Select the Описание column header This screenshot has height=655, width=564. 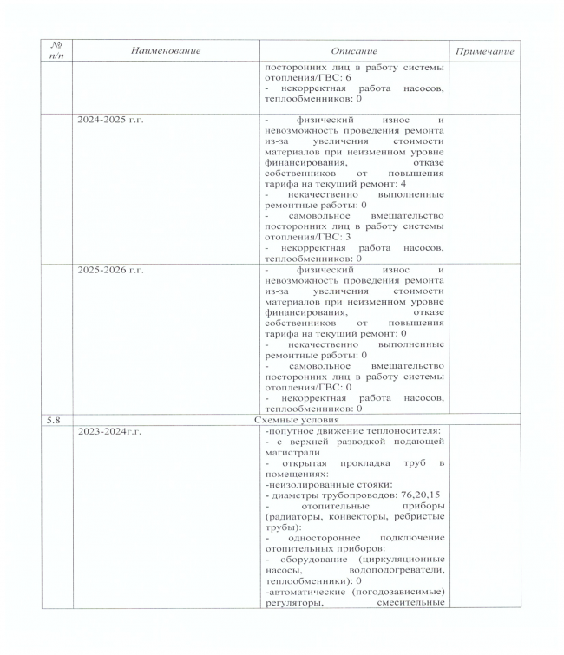tap(353, 51)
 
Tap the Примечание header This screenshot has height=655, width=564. tap(484, 51)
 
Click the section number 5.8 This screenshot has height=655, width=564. tap(54, 418)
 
